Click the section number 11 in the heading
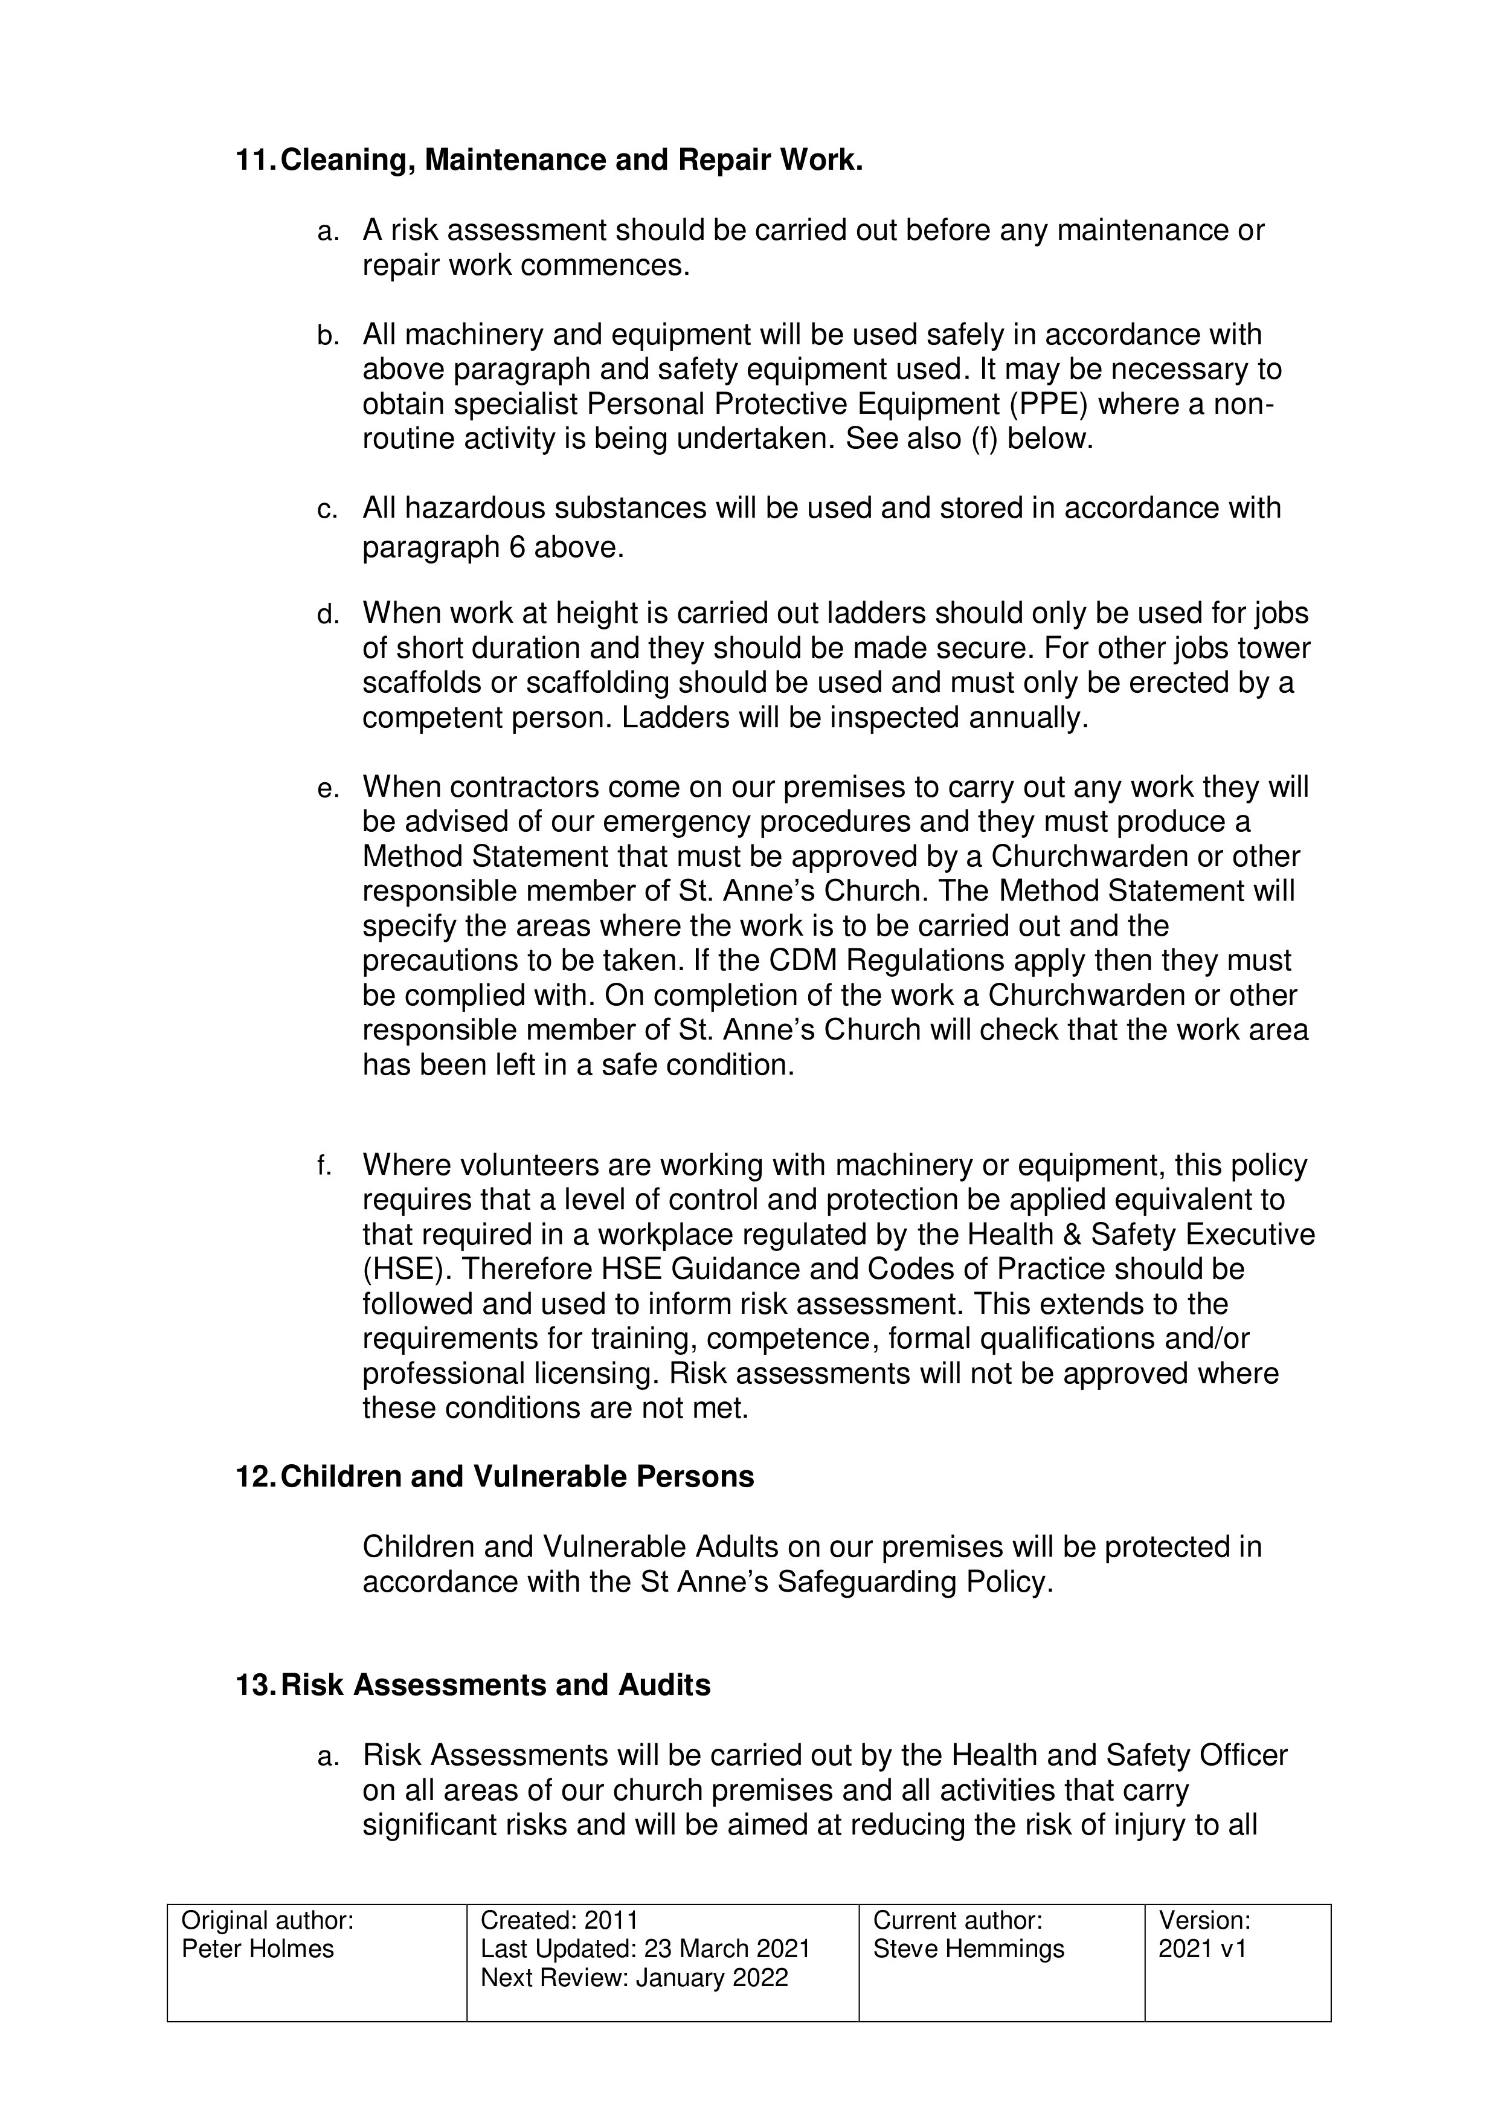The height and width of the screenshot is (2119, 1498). coord(253,161)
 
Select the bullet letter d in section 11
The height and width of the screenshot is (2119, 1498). coord(327,615)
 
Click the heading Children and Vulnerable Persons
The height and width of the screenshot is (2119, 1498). coord(517,1477)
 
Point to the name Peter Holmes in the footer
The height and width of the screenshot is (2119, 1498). coord(257,1949)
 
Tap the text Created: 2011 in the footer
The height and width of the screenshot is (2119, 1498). coord(559,1921)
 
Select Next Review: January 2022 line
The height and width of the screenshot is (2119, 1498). coord(634,1978)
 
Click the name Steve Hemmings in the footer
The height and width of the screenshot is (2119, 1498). coord(968,1949)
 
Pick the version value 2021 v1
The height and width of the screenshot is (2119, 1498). coord(1202,1949)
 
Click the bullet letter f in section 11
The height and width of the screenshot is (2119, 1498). coord(323,1166)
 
